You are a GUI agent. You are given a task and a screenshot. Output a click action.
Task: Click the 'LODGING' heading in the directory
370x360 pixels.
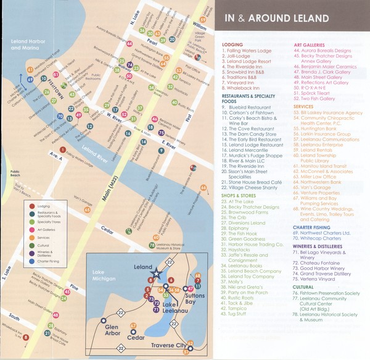coord(232,45)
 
